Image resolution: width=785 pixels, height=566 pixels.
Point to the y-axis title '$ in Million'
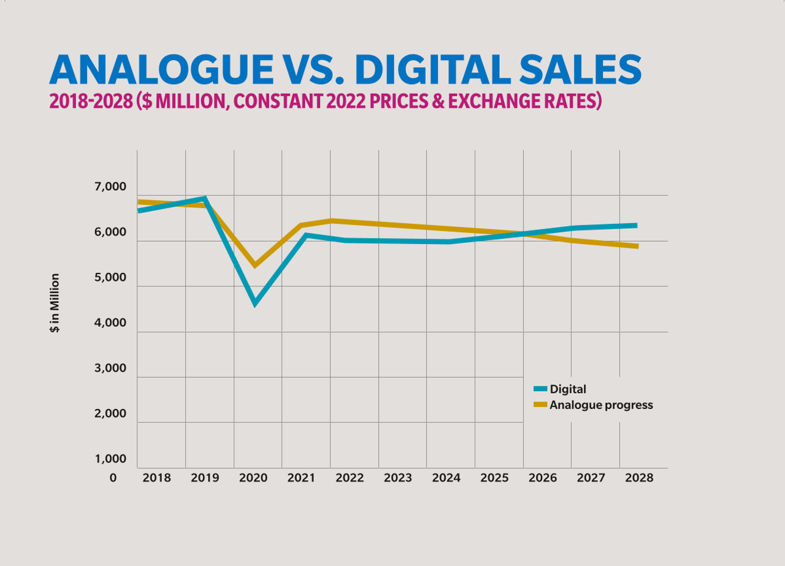point(55,302)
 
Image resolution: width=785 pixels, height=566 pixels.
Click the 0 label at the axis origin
point(113,478)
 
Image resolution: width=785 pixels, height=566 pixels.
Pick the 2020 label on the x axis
point(253,478)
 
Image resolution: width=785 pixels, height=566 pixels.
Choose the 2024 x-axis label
point(446,478)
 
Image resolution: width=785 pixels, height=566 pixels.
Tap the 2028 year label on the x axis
point(638,478)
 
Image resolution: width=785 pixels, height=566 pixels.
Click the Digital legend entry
point(567,389)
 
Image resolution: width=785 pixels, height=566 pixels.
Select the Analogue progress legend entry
point(600,405)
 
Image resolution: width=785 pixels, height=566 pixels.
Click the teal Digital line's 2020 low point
point(255,304)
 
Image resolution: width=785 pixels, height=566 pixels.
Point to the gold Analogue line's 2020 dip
point(255,266)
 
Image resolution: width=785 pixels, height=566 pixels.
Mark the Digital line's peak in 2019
point(205,198)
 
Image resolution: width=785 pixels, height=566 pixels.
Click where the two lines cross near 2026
point(523,234)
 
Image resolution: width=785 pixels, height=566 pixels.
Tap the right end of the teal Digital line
point(636,226)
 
